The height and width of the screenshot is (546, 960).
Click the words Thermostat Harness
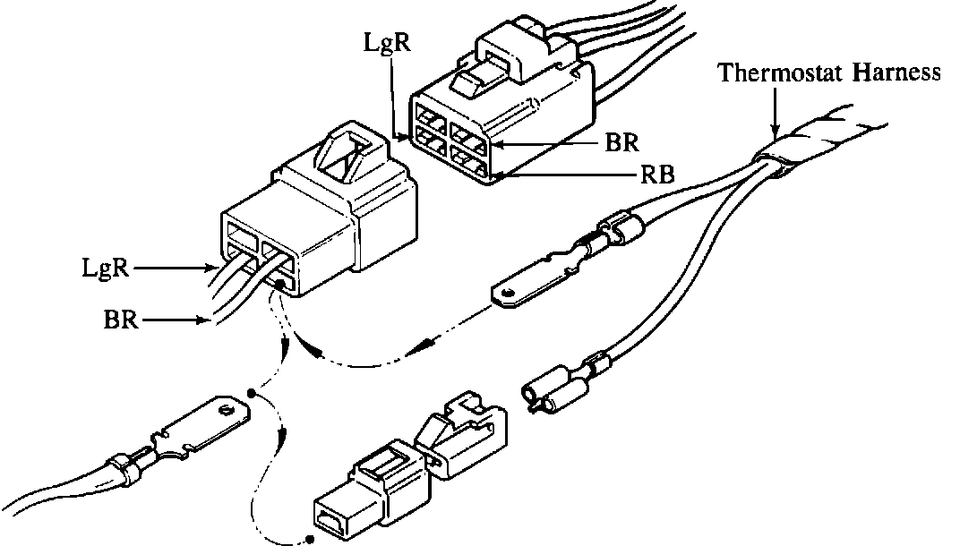[829, 73]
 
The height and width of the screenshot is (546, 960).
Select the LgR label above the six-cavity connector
[388, 42]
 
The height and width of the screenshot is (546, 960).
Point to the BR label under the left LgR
[121, 319]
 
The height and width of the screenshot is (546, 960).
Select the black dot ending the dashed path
[310, 539]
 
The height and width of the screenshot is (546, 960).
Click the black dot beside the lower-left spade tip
[252, 393]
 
